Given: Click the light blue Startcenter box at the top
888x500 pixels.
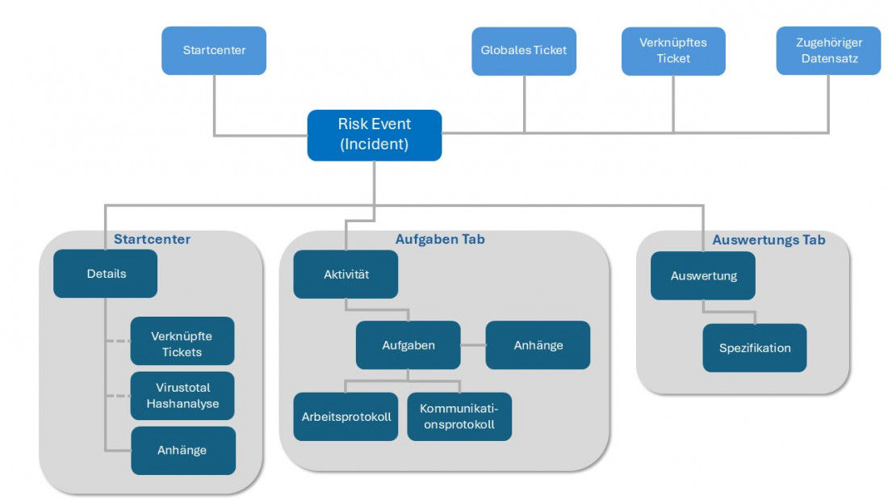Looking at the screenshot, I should point(214,51).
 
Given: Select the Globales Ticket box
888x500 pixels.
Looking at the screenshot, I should point(524,51).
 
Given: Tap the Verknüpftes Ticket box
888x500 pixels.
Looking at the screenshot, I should point(673,51).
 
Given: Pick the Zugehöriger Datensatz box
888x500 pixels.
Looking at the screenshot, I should point(828,51).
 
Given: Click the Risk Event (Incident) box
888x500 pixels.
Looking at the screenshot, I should point(375,135).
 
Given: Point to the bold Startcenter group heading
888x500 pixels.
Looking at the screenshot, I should point(152,240).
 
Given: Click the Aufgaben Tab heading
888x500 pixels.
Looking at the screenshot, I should point(440,240).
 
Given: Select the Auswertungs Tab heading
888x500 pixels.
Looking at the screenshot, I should point(769,240).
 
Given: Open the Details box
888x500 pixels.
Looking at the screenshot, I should point(106,274).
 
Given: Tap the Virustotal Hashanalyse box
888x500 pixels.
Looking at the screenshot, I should point(182,396).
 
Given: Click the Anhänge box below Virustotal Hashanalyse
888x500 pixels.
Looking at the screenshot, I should point(182,451).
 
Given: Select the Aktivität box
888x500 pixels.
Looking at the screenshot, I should point(346,275).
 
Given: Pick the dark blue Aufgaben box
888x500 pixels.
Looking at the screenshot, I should point(408,345).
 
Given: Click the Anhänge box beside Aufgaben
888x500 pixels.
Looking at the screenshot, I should point(538,345).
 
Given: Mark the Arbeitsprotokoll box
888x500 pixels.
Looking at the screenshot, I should point(346,417).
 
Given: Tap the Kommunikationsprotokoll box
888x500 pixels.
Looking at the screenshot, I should point(459,417).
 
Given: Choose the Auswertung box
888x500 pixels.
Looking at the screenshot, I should point(703,275).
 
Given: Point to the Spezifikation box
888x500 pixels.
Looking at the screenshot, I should point(755,348).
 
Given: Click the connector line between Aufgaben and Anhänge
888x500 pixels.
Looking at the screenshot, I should point(473,345).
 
